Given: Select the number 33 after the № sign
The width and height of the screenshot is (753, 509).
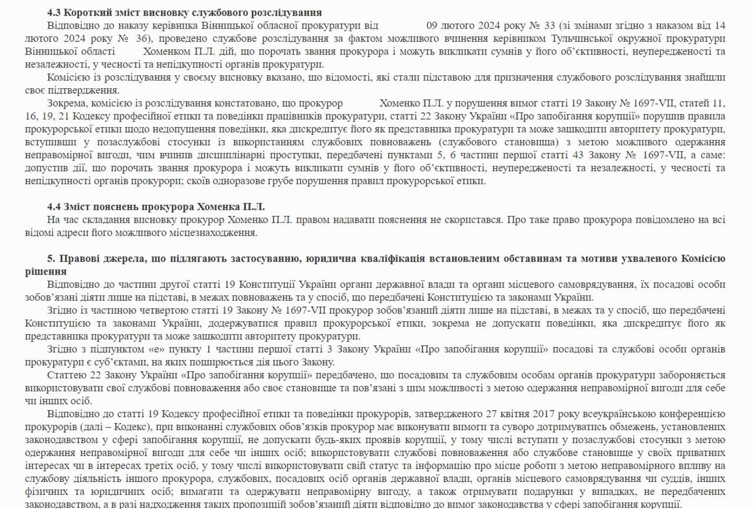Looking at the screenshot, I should coord(550,25).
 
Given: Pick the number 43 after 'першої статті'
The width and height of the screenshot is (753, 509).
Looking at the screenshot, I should coord(578,155).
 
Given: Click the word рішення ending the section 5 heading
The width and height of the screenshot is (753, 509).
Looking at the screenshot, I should coord(46,271).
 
